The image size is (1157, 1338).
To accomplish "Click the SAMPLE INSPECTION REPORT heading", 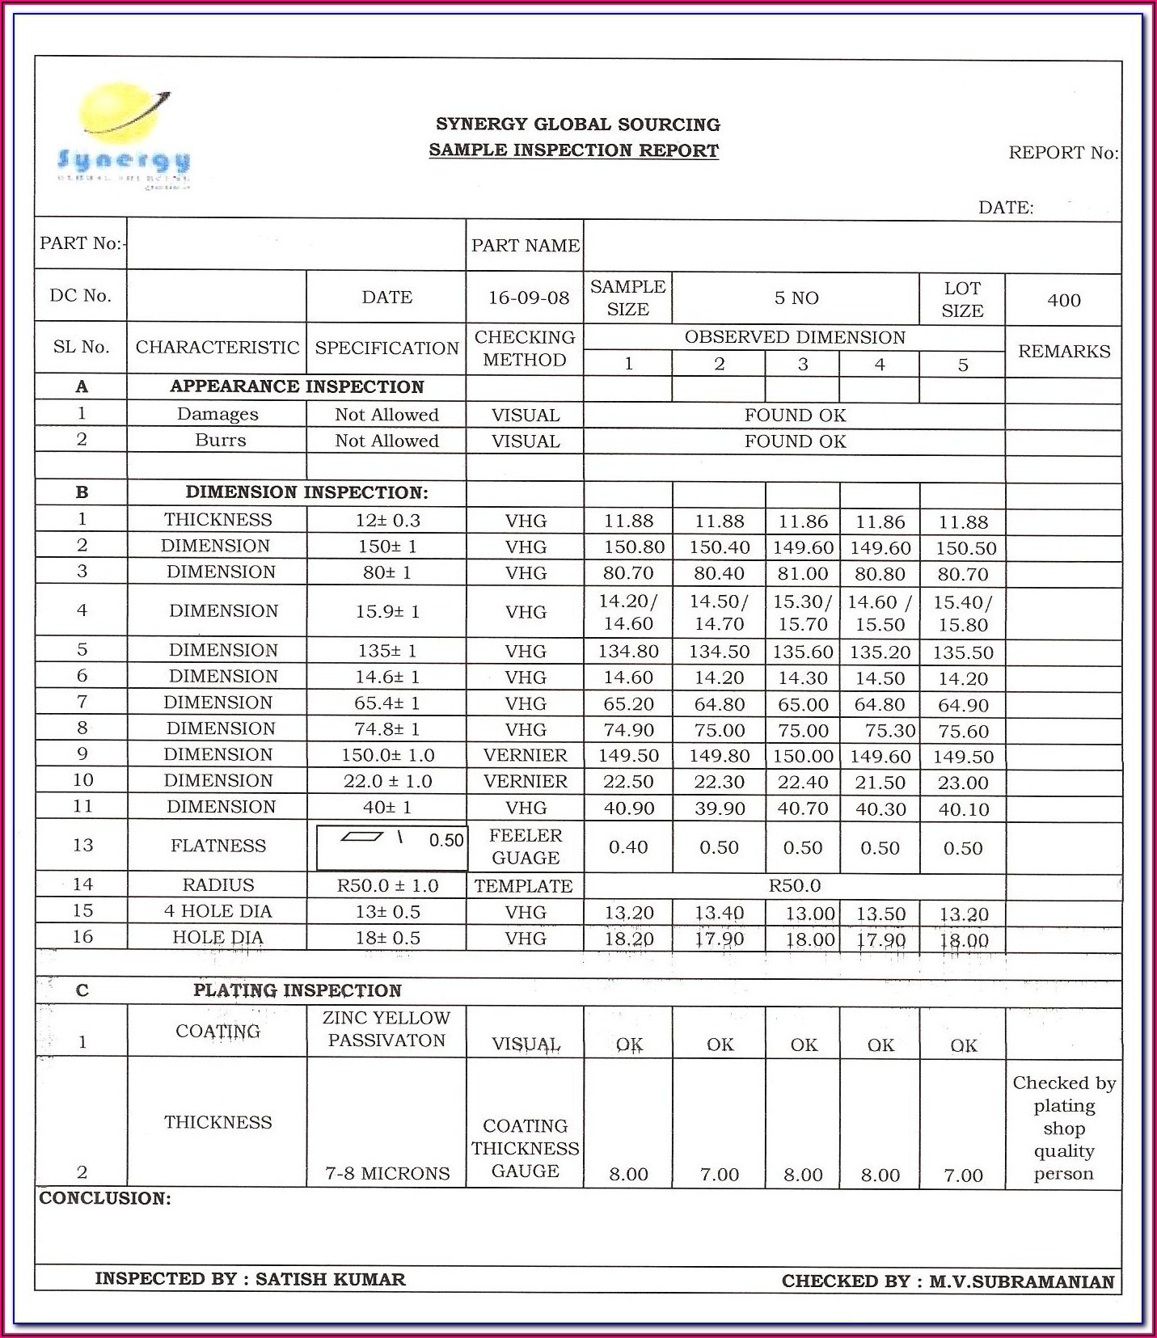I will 573,150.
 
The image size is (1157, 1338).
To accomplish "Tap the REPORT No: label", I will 1062,153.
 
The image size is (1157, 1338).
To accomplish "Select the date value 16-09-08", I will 529,298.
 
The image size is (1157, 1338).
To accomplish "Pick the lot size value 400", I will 1063,300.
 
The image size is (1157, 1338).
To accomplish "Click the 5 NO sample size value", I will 796,298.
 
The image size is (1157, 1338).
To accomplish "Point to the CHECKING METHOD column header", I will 525,348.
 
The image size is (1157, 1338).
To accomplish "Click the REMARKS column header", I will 1063,351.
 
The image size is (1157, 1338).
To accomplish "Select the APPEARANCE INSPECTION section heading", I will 297,386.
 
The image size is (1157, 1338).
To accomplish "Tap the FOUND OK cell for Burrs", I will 795,441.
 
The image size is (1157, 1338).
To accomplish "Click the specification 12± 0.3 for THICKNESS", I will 387,520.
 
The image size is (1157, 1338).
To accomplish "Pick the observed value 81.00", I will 803,574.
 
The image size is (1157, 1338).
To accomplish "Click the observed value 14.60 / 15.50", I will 880,613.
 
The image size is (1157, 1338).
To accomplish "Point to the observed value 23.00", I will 963,783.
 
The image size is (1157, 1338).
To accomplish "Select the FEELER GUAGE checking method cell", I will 525,846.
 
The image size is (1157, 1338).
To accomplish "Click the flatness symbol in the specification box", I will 361,838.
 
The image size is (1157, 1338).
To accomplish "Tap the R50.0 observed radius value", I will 794,885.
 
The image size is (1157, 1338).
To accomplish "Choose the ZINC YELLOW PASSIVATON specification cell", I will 386,1029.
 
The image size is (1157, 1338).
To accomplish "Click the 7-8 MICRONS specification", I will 387,1173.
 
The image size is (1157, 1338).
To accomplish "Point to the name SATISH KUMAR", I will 330,1279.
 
